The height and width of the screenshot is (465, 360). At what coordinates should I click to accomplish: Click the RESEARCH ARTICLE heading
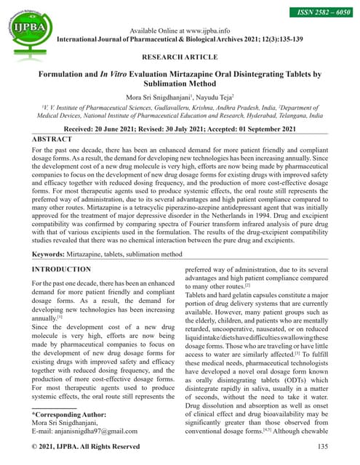[180, 56]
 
